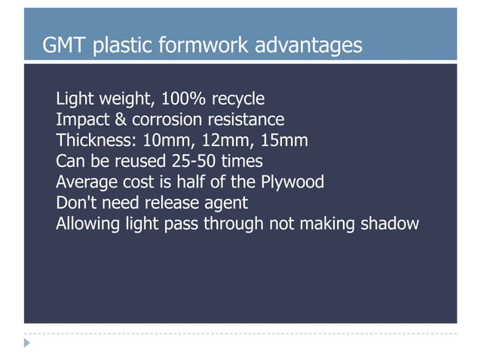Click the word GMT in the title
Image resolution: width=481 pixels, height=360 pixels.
(x=63, y=46)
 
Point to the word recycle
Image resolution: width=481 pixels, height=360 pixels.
(x=237, y=99)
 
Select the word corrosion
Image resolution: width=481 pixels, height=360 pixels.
(x=164, y=120)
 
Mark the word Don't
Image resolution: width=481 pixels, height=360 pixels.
(x=78, y=203)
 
